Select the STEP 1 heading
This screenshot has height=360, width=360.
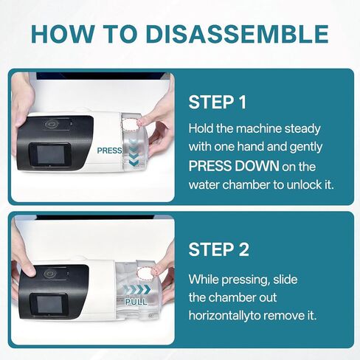coord(219,102)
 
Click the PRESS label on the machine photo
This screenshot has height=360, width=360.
coord(109,150)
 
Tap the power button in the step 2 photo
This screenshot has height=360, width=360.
coord(50,273)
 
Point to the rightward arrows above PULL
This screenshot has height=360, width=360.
coord(136,290)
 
